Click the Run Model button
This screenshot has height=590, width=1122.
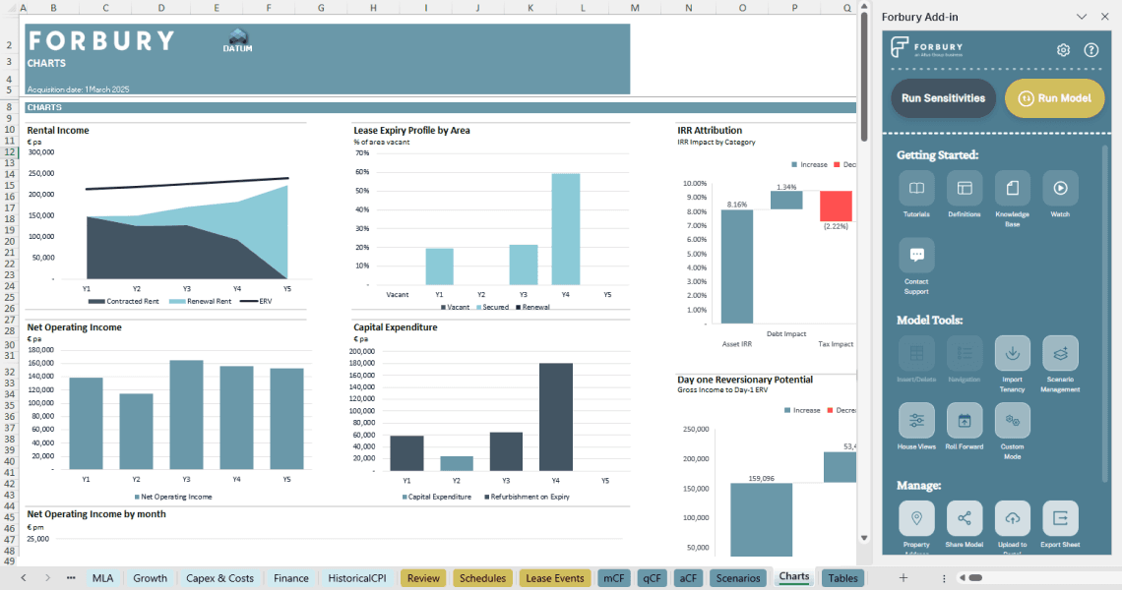pos(1055,98)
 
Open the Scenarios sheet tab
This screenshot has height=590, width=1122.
pos(737,578)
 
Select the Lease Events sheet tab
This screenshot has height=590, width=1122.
pos(555,578)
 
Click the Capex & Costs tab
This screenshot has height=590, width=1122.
pos(220,578)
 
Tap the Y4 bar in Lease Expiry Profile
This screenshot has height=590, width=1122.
pos(565,229)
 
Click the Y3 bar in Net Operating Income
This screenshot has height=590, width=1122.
pos(186,414)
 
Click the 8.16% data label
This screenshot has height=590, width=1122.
pos(736,205)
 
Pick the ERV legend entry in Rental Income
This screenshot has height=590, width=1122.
pos(265,302)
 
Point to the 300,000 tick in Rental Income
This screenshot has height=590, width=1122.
pos(41,152)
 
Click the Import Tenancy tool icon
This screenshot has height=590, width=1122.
pos(1012,353)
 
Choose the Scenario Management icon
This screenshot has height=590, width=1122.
pos(1060,353)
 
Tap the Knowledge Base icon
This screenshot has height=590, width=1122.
pos(1012,188)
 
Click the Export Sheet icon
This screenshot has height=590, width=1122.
pos(1060,518)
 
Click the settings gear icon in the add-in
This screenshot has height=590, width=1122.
pos(1063,50)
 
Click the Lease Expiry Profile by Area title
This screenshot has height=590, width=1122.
pos(411,130)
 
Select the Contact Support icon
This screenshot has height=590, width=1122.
pos(916,255)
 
